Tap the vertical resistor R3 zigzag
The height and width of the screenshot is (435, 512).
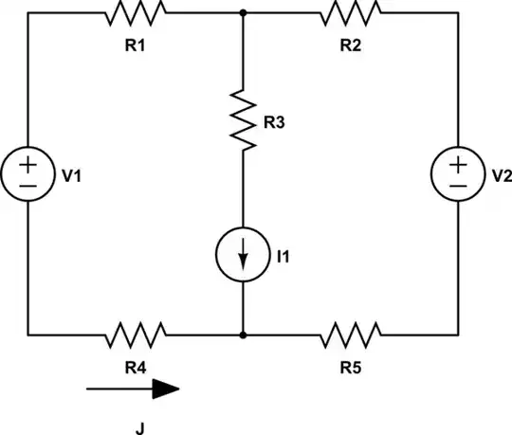(244, 120)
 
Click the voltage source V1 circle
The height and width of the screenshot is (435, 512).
(28, 173)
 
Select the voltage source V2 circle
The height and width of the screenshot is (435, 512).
(459, 173)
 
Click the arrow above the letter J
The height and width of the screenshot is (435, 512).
(133, 388)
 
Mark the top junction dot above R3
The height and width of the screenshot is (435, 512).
(244, 12)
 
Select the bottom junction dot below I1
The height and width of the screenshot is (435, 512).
(244, 334)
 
